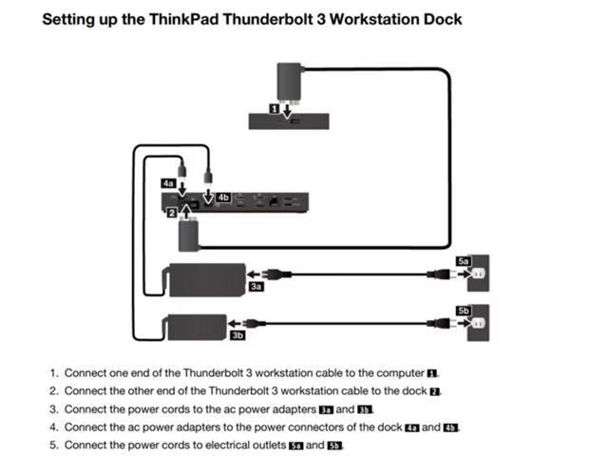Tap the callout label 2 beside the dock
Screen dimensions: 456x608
tap(171, 214)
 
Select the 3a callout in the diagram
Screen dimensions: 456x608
tap(256, 285)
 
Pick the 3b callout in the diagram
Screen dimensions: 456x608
tap(237, 334)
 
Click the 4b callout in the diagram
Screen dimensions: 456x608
tap(223, 197)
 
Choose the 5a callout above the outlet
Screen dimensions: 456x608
tap(464, 259)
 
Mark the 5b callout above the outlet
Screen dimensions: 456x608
tap(464, 311)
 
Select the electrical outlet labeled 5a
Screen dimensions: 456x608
tap(478, 275)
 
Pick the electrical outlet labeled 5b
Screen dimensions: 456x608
tap(478, 325)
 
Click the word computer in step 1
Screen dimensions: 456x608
tap(399, 373)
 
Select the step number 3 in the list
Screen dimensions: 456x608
tap(53, 409)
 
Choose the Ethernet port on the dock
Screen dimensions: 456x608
tap(275, 201)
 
